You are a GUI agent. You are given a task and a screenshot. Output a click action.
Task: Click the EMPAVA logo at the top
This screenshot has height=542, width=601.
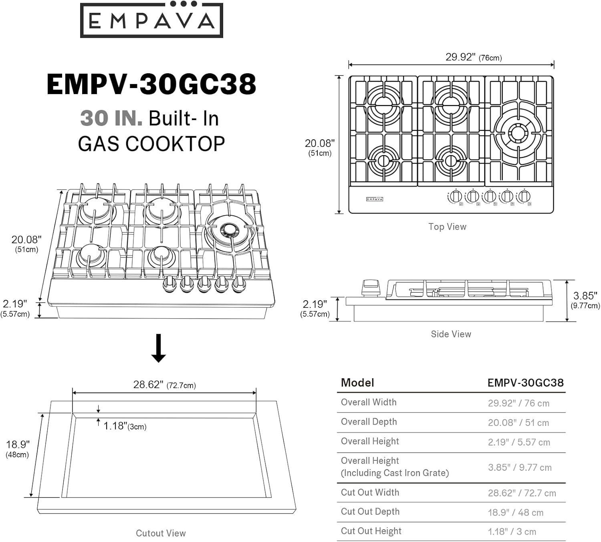coord(151,20)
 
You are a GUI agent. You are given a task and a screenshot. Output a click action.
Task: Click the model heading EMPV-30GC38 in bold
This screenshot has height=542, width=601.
coord(151,84)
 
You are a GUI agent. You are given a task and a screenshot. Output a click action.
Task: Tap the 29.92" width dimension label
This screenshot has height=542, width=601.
coord(474,57)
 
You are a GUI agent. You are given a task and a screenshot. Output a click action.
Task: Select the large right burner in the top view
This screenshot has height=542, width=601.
coord(516,132)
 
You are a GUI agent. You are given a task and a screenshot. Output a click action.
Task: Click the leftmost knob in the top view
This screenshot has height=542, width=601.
coord(455,197)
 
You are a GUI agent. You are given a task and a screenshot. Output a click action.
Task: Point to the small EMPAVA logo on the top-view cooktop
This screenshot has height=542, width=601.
coord(375,199)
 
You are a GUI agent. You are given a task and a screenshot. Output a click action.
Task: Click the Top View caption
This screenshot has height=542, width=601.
coord(447,227)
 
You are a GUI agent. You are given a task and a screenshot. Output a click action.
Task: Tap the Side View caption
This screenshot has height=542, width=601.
coord(451,334)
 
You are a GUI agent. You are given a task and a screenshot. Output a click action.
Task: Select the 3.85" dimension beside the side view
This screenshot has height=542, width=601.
coord(585,300)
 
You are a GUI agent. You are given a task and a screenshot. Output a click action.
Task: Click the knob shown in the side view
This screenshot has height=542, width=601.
coord(371,288)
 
